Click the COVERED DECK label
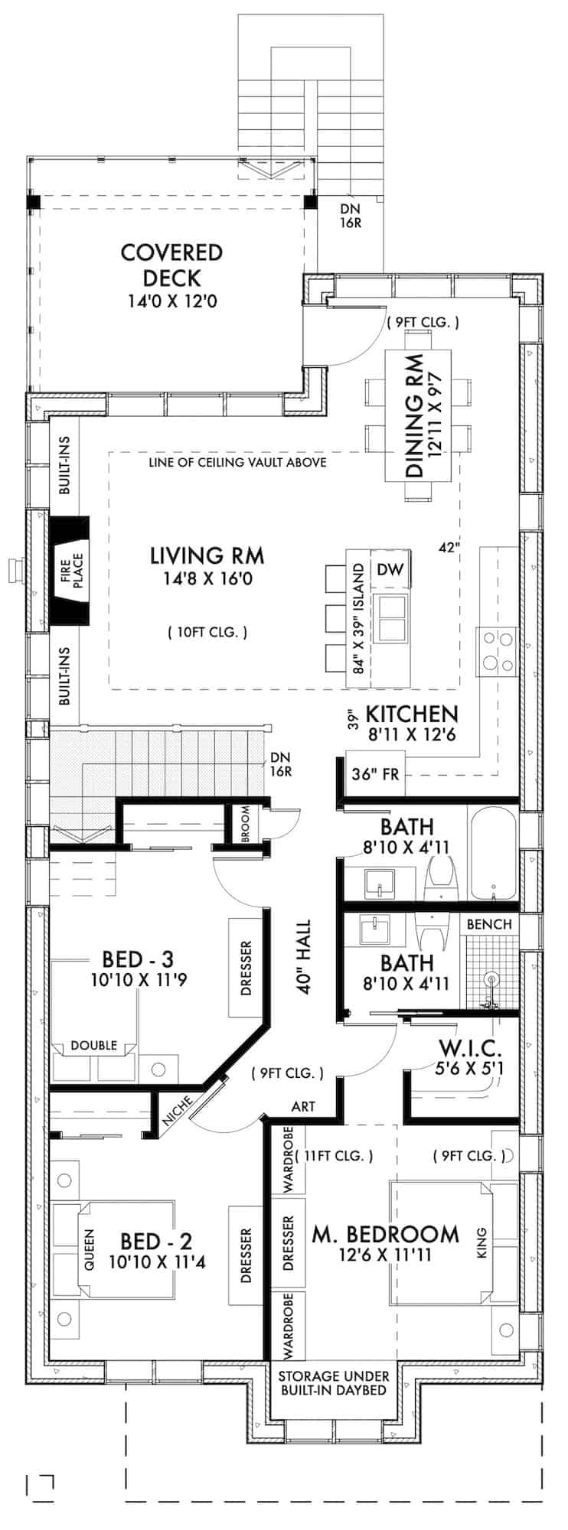tap(171, 264)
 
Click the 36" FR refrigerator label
tap(375, 773)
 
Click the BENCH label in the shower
tap(489, 924)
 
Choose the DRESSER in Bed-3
tap(246, 968)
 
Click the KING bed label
tap(481, 1242)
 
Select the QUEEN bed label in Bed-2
tap(88, 1249)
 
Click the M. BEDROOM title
tap(385, 1234)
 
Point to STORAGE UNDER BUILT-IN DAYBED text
tap(333, 1382)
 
